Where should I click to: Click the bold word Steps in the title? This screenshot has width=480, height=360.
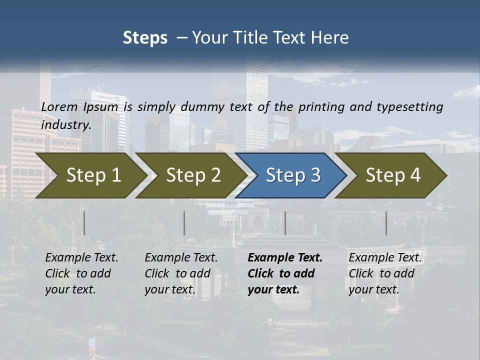(x=145, y=38)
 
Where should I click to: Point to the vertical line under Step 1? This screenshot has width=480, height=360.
(x=84, y=223)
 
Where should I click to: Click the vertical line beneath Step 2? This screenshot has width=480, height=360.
(x=184, y=223)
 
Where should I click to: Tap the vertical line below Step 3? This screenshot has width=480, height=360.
(x=285, y=223)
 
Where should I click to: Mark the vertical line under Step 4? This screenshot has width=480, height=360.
(x=386, y=223)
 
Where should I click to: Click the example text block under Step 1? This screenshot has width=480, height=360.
(x=81, y=273)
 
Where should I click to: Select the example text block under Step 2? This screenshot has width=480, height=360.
(x=181, y=273)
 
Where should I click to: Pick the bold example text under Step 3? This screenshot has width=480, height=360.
(x=285, y=273)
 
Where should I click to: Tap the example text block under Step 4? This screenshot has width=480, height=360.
(x=385, y=273)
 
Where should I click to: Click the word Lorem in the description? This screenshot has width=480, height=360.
(x=59, y=106)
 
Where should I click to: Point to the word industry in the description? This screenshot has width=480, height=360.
(x=66, y=124)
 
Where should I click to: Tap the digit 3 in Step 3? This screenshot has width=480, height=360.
(x=315, y=175)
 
